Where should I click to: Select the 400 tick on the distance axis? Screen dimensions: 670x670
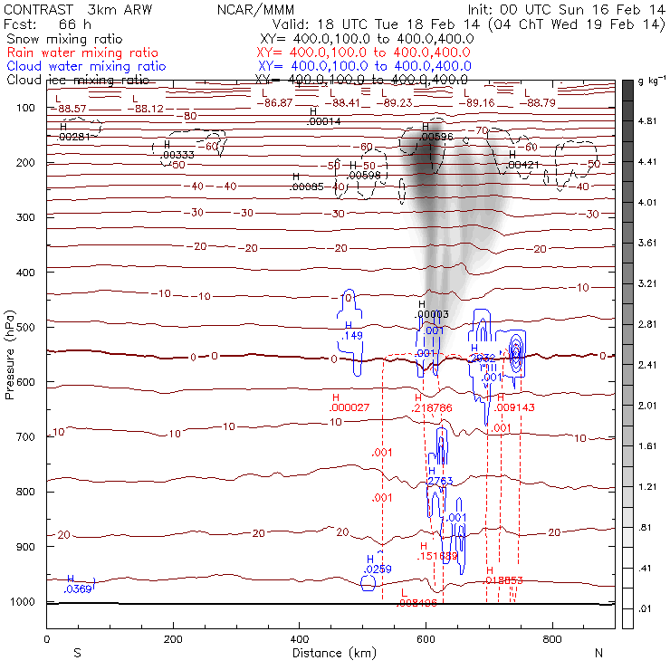[x=300, y=638]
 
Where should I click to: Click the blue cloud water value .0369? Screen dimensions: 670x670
[x=78, y=589]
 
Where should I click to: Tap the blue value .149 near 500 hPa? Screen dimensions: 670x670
[x=351, y=336]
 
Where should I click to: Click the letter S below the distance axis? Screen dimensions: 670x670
[x=77, y=653]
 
